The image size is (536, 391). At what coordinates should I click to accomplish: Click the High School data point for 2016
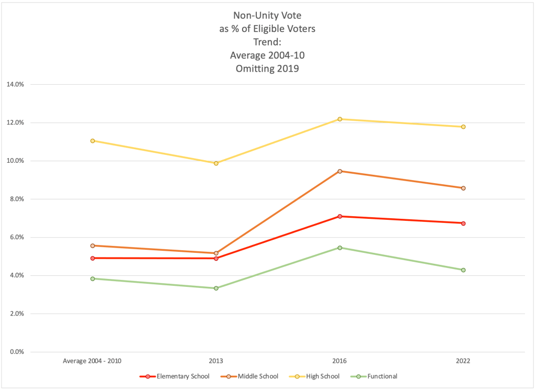coord(340,119)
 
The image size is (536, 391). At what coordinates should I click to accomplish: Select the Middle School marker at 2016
coord(340,171)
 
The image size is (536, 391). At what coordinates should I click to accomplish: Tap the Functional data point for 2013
coord(216,288)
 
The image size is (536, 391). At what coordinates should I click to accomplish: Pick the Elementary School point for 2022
coord(463,224)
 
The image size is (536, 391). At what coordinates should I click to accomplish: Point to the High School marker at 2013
coord(216,163)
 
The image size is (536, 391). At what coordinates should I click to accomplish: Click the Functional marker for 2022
coord(463,270)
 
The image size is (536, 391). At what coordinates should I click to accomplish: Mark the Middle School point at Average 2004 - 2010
coord(92,245)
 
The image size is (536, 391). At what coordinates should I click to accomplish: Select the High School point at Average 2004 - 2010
coord(92,141)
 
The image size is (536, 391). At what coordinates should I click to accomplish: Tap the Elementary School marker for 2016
coord(340,216)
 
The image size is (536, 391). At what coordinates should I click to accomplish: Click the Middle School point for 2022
coord(463,188)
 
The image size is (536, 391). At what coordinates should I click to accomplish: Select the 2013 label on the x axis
coord(216,361)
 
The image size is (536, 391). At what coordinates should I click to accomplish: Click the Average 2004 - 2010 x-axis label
coord(92,361)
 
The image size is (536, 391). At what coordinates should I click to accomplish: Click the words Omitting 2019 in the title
coord(267,68)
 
